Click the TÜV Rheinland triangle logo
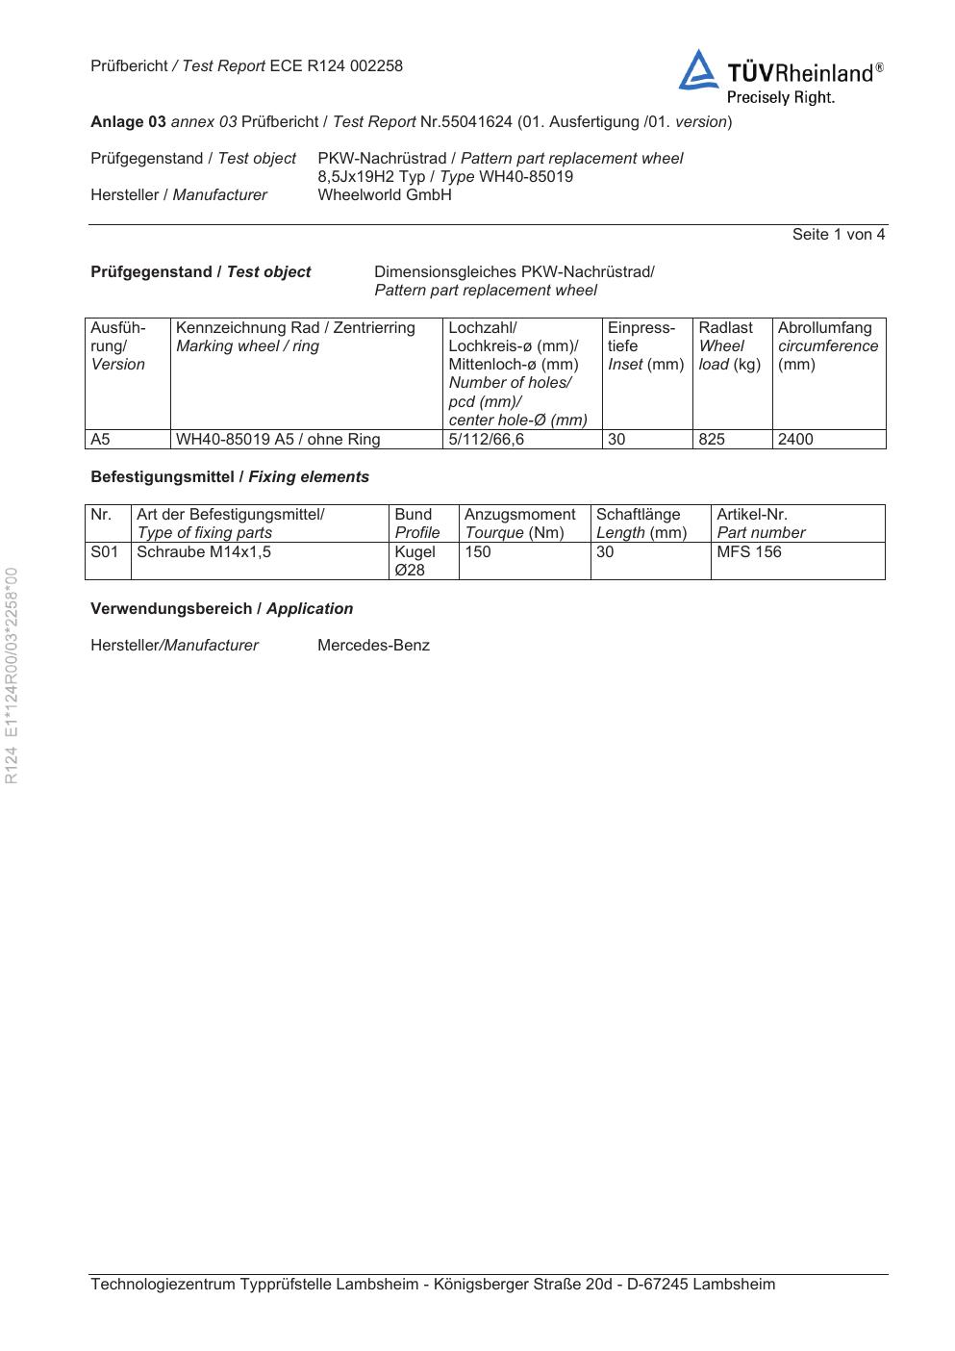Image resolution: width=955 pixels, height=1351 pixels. point(698,71)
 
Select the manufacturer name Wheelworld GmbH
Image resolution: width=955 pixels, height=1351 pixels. point(384,194)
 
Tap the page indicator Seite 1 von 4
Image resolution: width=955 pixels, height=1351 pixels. point(838,234)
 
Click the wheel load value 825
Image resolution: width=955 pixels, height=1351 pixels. point(712,439)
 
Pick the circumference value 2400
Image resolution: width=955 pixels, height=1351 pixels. point(795,439)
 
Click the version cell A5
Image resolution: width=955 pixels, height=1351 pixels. point(100,439)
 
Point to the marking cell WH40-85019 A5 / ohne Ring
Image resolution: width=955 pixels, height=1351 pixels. point(278,439)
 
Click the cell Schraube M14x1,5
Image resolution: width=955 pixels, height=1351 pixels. point(204,551)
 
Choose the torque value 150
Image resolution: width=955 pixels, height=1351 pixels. point(478,551)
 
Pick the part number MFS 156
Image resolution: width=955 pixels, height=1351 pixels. point(749,551)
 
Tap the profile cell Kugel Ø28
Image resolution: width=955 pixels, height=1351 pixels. point(415,560)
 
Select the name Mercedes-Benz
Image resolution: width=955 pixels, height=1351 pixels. point(373,645)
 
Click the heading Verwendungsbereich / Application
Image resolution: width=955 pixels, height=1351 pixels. point(221,608)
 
